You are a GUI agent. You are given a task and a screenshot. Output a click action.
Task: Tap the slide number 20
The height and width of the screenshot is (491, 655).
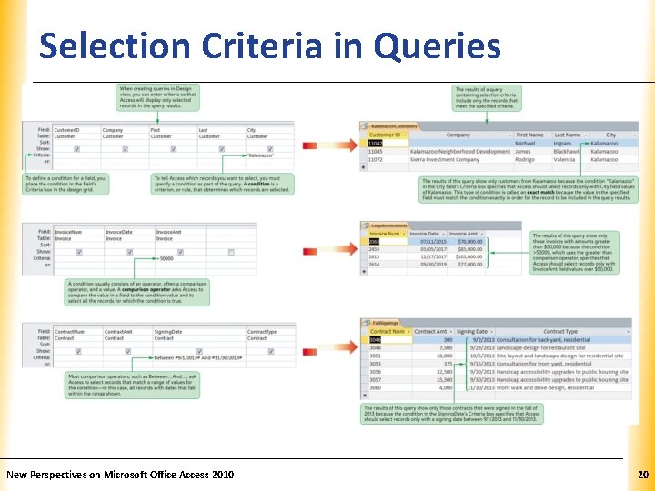coord(642,475)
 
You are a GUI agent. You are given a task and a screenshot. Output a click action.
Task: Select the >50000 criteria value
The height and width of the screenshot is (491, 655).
coord(164,258)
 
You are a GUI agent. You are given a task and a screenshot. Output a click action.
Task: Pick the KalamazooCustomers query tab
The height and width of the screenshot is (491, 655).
coord(392,125)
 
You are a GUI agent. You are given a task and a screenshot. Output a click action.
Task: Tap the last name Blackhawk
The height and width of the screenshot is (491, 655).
coord(568,151)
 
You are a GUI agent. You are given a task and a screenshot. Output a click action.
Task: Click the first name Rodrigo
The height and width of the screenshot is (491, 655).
coord(528,159)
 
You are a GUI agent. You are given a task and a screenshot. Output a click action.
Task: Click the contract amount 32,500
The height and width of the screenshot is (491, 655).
coord(444,372)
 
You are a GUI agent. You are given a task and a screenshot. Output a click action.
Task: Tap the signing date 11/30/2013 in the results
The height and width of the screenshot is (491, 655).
coord(481,387)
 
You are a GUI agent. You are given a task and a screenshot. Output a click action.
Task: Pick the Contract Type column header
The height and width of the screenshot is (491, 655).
coord(559,332)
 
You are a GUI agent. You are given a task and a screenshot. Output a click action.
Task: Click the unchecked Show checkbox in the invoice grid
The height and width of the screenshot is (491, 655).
coord(232,251)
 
